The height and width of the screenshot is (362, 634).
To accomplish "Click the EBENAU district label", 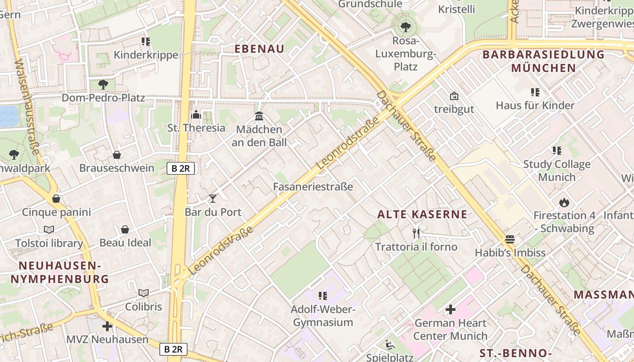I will pos(259,49).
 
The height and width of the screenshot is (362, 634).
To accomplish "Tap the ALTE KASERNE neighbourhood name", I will pos(422,214).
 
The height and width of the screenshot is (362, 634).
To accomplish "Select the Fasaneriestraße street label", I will pos(313,186).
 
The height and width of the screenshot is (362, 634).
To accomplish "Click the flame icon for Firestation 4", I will pos(564,202).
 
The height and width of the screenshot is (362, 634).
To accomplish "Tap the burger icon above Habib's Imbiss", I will pos(510,239).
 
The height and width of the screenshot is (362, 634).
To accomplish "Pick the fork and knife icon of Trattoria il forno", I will pos(416,233).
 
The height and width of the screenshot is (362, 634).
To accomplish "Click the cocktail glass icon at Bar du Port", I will pos(212,198).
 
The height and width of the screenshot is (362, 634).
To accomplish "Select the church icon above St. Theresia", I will pos(196,114).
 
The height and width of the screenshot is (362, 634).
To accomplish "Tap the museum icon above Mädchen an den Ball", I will pos(259,116).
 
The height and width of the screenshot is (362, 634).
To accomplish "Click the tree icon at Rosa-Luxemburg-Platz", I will pos(405,27).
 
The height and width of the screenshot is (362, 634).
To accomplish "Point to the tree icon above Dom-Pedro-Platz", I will pos(103,84).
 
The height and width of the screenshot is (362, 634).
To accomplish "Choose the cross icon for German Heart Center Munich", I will pos(450,310).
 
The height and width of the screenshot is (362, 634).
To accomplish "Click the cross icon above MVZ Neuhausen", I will pos(107,326).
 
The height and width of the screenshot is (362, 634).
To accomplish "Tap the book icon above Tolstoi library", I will pos(49,229).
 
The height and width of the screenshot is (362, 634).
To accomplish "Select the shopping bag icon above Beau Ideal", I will pos(125,229).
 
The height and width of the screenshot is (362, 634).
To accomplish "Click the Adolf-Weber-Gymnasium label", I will pos(322,316).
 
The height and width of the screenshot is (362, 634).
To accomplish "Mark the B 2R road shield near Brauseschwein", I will pos(181,168).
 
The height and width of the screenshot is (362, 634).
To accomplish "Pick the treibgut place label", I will pos(454,109).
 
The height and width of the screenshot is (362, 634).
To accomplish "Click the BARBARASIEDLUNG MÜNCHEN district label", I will pos(543,61).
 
